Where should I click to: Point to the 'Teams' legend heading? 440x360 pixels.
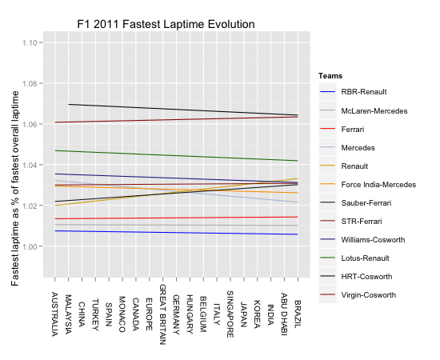pyautogui.click(x=330, y=75)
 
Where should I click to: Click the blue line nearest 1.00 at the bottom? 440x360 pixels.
pyautogui.click(x=176, y=232)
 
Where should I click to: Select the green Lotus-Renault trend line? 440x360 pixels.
pyautogui.click(x=176, y=155)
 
